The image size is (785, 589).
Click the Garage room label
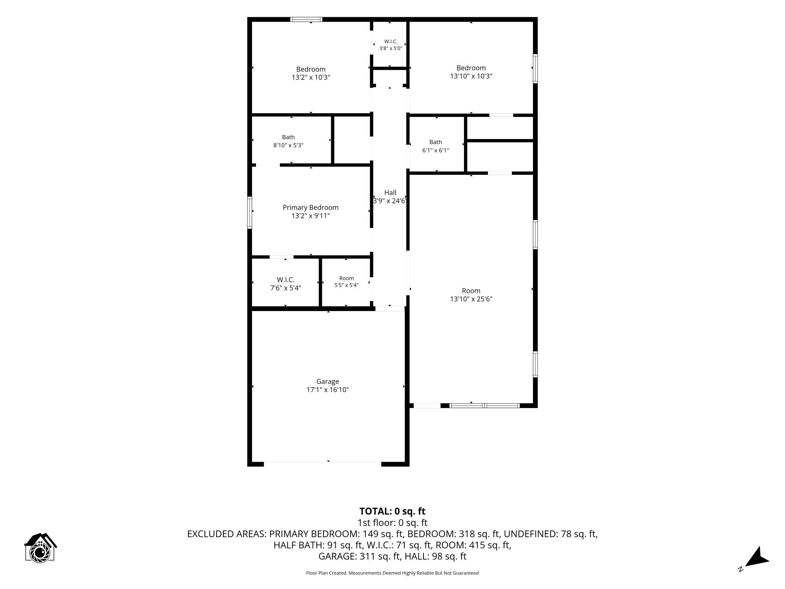click(328, 381)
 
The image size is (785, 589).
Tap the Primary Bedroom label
click(310, 207)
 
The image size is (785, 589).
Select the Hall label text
click(390, 192)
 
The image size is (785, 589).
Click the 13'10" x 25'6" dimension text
click(471, 299)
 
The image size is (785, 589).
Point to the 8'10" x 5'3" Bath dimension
click(288, 145)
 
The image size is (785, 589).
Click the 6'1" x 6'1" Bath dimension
click(436, 150)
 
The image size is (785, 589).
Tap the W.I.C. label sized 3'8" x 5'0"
click(391, 41)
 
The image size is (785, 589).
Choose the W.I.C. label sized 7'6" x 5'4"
click(286, 280)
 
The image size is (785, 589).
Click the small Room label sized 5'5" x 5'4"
click(347, 278)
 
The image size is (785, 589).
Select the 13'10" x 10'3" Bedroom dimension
click(471, 76)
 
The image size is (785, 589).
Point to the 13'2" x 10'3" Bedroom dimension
click(311, 77)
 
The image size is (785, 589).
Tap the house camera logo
click(40, 548)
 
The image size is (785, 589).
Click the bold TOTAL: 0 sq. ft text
click(392, 511)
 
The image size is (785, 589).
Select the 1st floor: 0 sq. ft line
click(392, 523)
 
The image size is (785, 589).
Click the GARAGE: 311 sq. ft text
click(359, 556)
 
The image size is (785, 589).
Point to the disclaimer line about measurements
click(392, 573)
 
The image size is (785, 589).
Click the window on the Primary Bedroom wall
click(250, 212)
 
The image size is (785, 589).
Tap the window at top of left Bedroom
click(307, 19)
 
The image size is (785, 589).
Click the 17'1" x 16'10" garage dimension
click(328, 390)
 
